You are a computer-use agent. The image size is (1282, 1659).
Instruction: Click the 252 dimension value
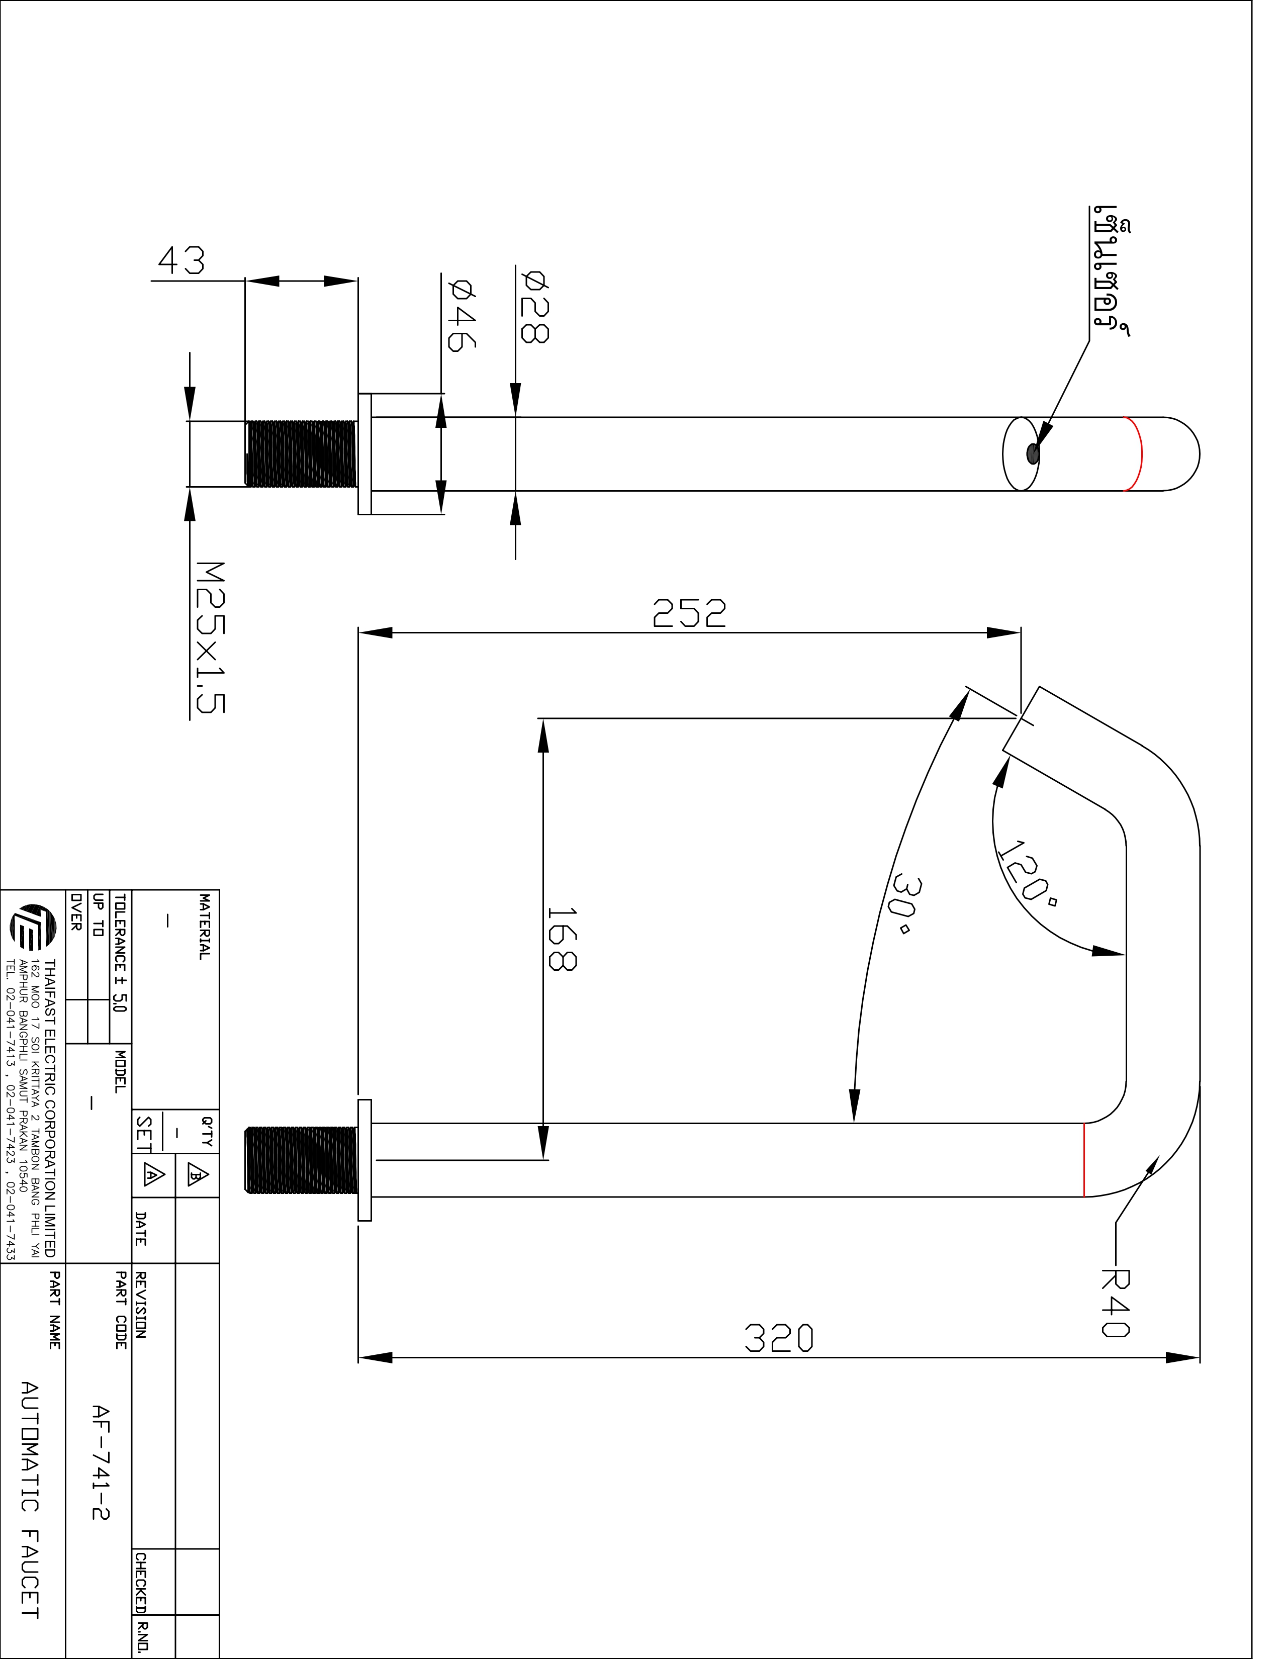click(689, 613)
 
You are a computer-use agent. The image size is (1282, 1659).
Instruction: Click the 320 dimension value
click(778, 1338)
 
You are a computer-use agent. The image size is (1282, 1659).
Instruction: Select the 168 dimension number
click(562, 938)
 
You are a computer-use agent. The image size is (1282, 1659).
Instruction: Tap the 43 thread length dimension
click(181, 260)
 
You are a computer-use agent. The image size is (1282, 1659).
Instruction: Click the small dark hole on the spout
click(1032, 453)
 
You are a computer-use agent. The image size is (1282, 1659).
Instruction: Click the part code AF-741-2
click(100, 1462)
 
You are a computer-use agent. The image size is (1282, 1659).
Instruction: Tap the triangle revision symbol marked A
click(153, 1176)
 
